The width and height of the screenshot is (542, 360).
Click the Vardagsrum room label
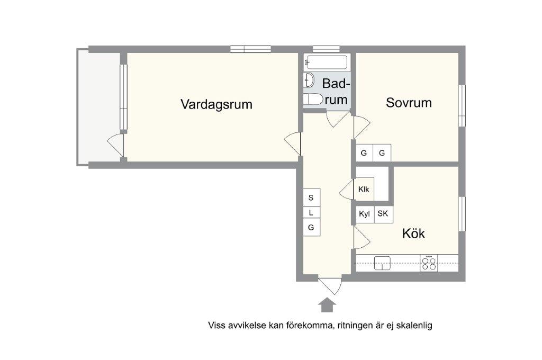tap(216, 104)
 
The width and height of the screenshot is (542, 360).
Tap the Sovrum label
tap(409, 103)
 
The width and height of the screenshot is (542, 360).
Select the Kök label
tap(413, 233)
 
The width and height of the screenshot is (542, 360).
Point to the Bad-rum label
tap(336, 92)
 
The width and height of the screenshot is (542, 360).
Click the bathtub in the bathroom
tap(327, 62)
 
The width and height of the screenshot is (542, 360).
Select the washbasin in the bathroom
tap(309, 80)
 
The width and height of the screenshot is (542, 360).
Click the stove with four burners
tap(429, 263)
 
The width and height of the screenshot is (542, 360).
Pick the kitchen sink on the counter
tap(382, 263)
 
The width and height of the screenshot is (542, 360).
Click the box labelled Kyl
tap(365, 214)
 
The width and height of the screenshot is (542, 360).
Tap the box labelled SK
tap(383, 214)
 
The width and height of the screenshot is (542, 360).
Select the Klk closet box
tap(364, 189)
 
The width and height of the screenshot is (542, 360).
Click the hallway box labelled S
tap(311, 197)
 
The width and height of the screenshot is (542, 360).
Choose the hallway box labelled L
tap(311, 213)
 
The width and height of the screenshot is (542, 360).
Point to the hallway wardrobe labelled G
tap(311, 228)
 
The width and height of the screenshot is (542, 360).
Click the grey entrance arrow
tap(327, 305)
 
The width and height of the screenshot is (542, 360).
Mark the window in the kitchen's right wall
tap(462, 213)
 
